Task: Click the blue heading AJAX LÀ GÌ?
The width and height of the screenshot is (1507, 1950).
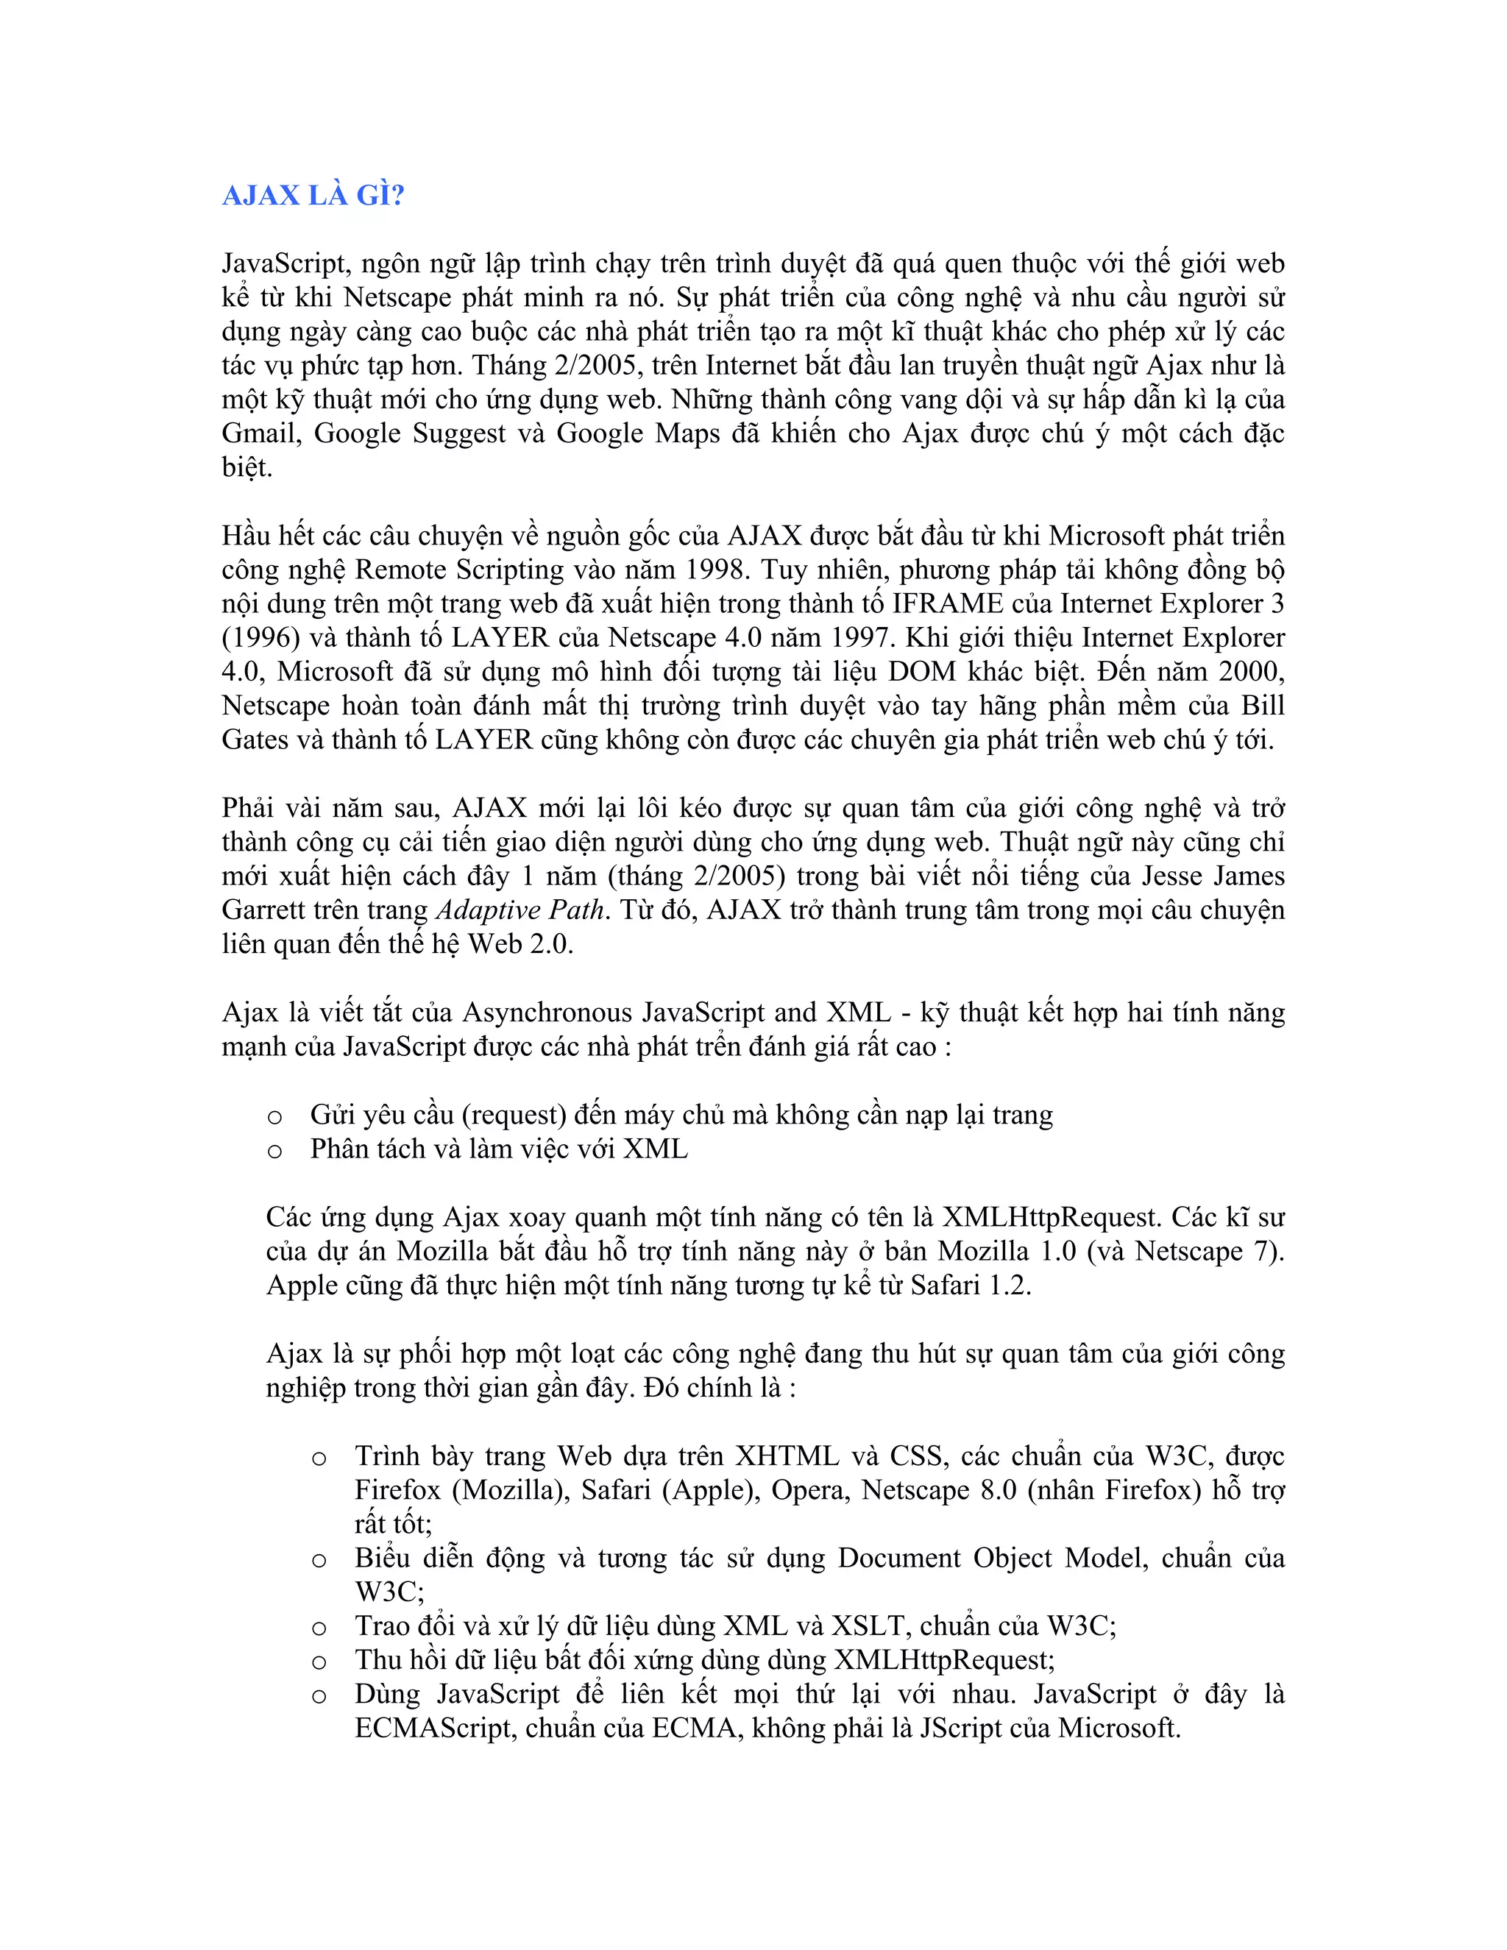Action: click(x=313, y=196)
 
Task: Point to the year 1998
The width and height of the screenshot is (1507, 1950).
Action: click(x=713, y=570)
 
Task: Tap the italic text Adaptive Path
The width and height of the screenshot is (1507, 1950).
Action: click(x=520, y=910)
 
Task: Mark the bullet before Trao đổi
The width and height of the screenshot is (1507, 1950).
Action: click(x=319, y=1628)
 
